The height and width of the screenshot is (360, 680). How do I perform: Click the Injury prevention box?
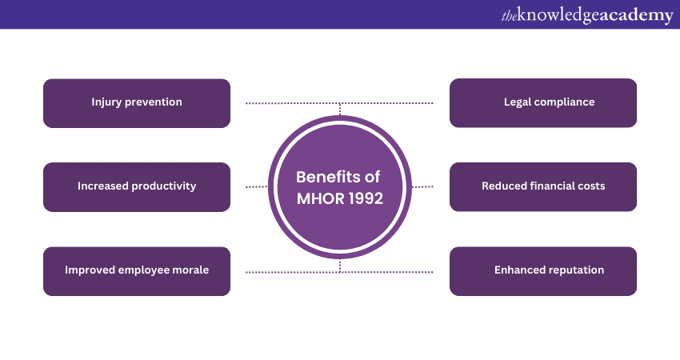coord(137,103)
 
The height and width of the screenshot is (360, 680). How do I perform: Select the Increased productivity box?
coord(137,186)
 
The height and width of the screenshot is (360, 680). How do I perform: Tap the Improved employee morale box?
coord(137,270)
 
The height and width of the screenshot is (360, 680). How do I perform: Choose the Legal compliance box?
coord(543,103)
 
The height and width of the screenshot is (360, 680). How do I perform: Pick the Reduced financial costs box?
coord(543,186)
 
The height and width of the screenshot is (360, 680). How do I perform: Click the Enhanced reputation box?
coord(543,270)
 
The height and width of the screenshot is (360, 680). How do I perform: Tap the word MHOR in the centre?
coord(318,198)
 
